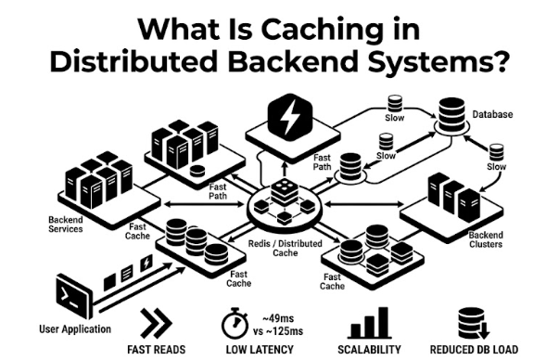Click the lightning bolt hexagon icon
(x=290, y=116)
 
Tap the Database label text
(x=492, y=114)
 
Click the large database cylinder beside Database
(x=451, y=115)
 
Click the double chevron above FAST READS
(x=156, y=323)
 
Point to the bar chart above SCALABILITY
(x=369, y=323)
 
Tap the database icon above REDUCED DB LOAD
(x=473, y=324)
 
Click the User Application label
(x=75, y=329)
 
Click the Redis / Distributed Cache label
(x=286, y=249)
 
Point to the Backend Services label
(x=66, y=225)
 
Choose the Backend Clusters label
(x=486, y=239)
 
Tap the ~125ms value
(x=285, y=331)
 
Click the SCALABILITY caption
(x=369, y=349)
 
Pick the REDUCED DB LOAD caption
(x=474, y=349)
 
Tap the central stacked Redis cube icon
(x=285, y=193)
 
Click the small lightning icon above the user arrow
(x=146, y=263)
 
